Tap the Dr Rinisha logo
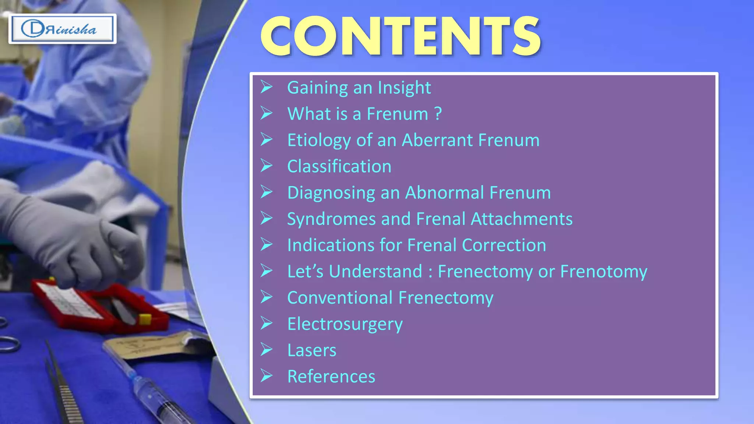click(x=62, y=29)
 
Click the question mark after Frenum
click(x=438, y=114)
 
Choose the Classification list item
click(x=339, y=166)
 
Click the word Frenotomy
click(x=603, y=272)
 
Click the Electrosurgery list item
click(x=345, y=324)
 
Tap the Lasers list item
click(x=311, y=350)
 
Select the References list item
click(x=331, y=377)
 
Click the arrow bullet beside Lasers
click(x=267, y=350)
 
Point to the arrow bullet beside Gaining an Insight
click(x=267, y=87)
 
